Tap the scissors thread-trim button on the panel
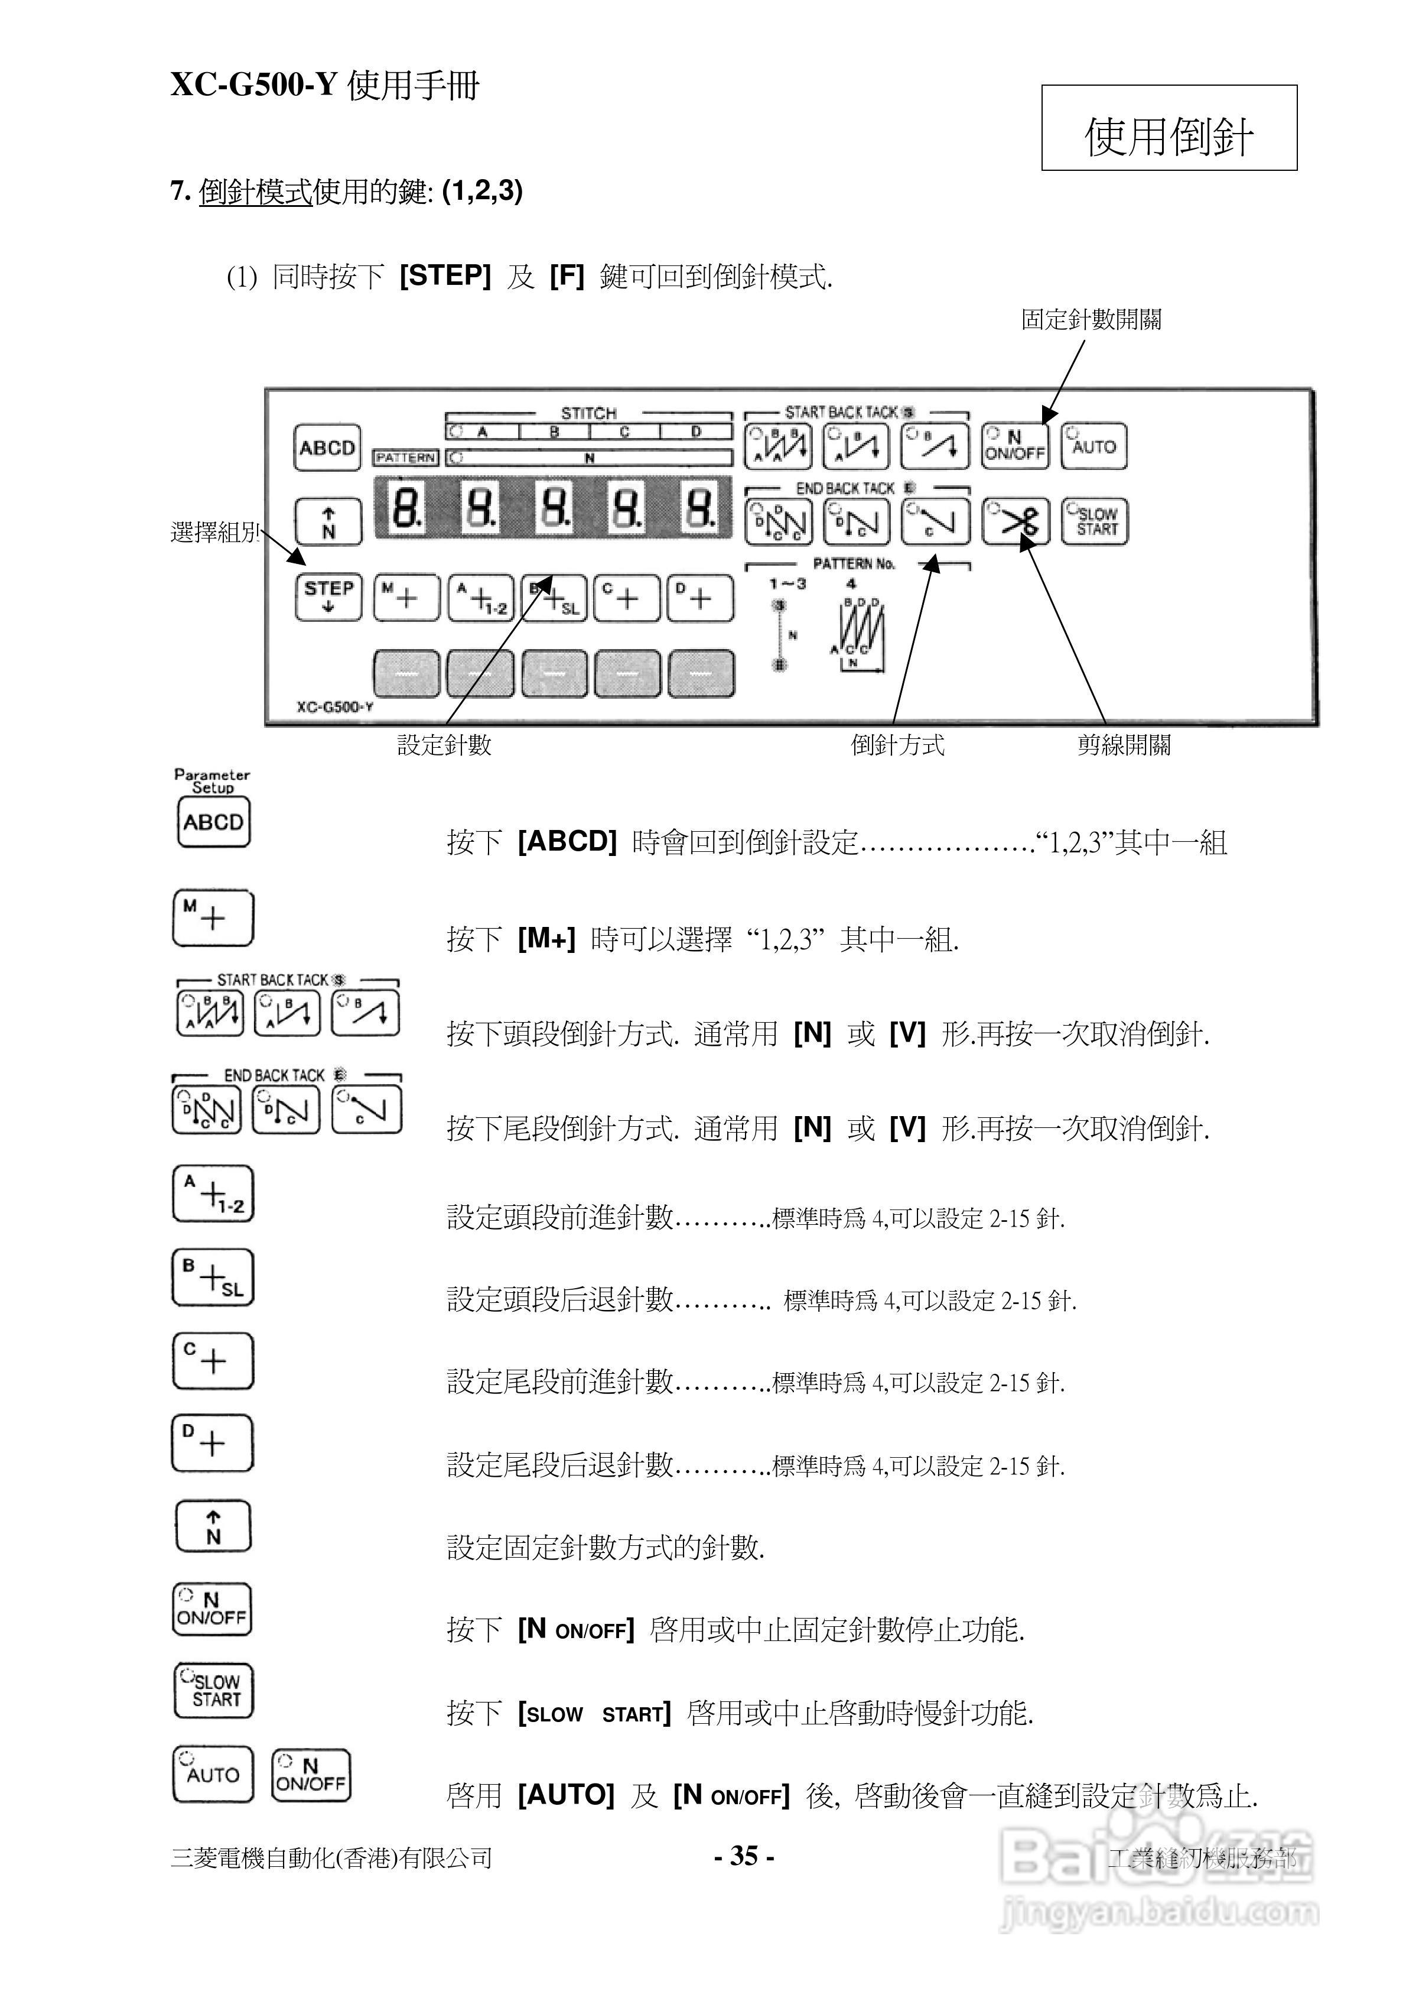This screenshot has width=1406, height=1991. [x=1015, y=522]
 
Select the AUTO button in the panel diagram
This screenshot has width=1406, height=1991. [x=1094, y=446]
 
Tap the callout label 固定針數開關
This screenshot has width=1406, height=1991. [x=1091, y=320]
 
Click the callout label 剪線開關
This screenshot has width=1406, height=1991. [x=1124, y=745]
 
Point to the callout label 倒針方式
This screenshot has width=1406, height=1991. [x=897, y=745]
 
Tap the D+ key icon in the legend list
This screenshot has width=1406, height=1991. [x=212, y=1443]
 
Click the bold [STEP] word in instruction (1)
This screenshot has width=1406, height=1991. [x=445, y=275]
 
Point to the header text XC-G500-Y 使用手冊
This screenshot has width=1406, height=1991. [x=324, y=86]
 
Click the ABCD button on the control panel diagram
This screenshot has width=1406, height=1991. [x=327, y=448]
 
